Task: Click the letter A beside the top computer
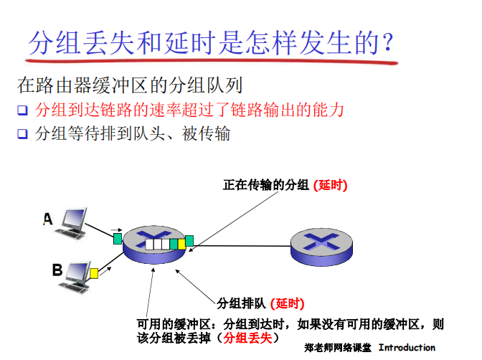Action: [48, 219]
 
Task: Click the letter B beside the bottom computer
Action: [57, 270]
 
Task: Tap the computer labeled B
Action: [76, 273]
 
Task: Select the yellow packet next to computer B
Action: [94, 273]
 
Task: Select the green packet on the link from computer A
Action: [117, 236]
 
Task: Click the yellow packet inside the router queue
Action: [181, 244]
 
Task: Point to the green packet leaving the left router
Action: [189, 240]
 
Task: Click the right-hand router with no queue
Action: [321, 246]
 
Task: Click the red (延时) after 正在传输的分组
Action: [330, 185]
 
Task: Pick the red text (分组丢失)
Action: [247, 337]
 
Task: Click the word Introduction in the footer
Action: [407, 348]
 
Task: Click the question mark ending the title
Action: [388, 44]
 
